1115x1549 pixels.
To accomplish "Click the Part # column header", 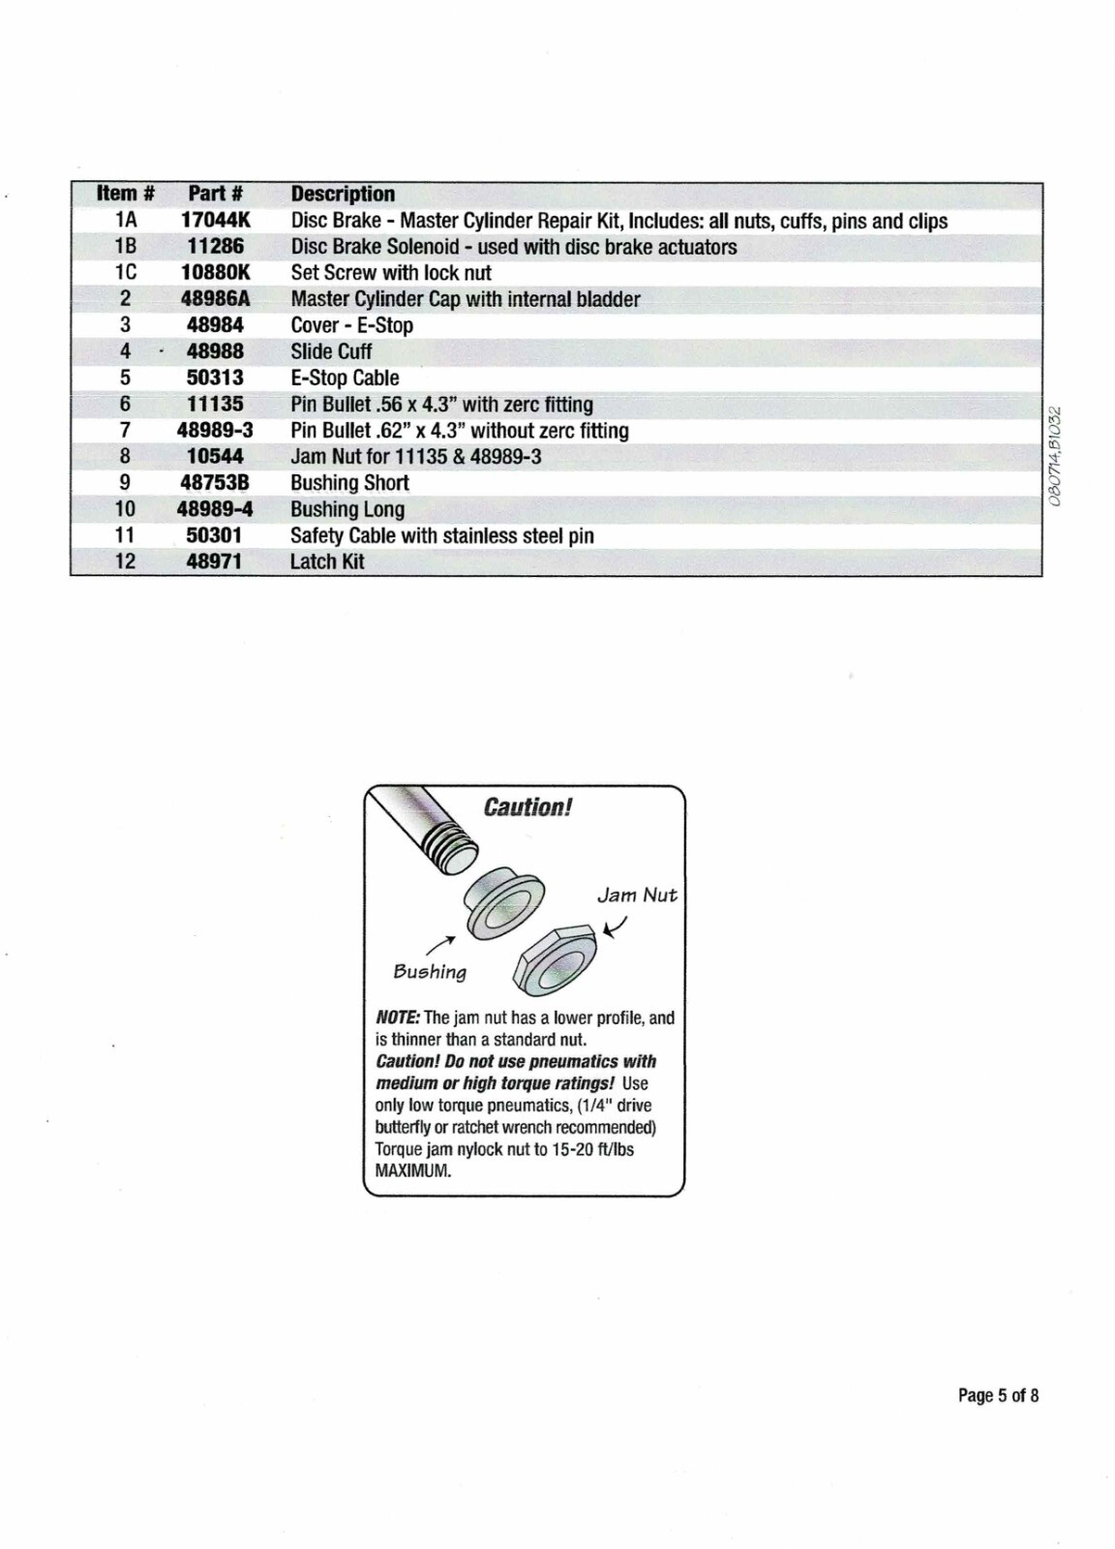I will coord(215,194).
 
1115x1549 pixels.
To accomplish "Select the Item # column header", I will coord(126,194).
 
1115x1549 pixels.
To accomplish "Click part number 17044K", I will coord(215,221).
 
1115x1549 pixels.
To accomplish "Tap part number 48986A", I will coord(215,299).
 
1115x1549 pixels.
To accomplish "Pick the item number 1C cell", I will coord(126,273).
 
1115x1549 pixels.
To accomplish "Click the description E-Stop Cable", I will coord(345,379).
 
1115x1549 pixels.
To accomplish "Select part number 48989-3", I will coord(215,431).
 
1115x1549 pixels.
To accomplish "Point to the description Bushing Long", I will coord(347,509).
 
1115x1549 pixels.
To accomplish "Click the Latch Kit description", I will coord(327,562).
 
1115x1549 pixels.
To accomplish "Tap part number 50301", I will coord(215,535).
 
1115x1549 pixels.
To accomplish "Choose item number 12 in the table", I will coord(126,562).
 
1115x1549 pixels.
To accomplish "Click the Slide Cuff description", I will coord(331,351).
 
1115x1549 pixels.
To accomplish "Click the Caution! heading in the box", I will coord(527,807).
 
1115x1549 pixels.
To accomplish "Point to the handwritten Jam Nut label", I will coord(637,895).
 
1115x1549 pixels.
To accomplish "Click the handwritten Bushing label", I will coord(430,972).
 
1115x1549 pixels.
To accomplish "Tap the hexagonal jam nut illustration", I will coord(556,958).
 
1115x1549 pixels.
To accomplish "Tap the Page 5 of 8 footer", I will coord(998,1395).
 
